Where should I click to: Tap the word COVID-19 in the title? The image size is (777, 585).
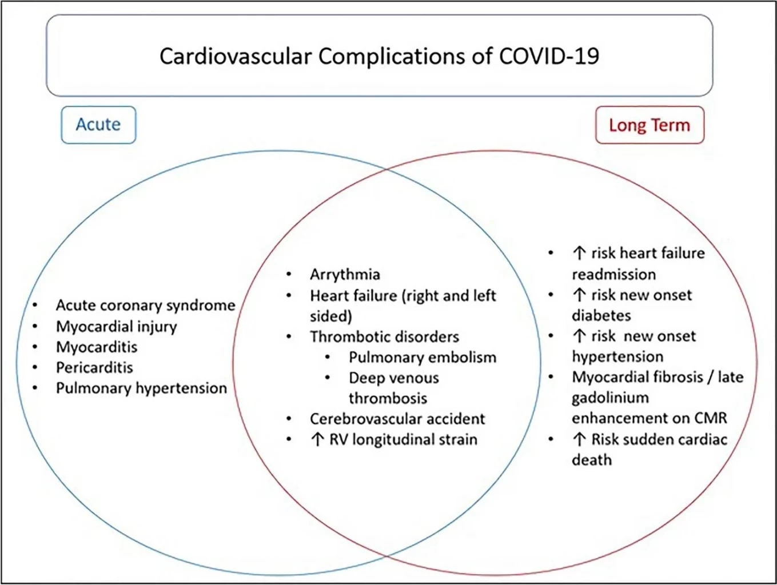549,56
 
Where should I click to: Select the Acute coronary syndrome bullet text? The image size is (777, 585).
145,306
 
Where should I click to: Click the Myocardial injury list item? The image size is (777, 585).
117,326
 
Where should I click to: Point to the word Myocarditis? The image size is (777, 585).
97,347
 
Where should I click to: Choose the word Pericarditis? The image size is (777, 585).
94,367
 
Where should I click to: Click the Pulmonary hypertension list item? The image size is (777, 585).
142,388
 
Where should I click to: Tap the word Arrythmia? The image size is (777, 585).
345,275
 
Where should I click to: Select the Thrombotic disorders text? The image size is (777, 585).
384,336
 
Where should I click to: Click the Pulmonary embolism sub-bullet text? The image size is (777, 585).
423,358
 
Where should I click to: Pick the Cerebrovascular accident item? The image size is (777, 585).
397,419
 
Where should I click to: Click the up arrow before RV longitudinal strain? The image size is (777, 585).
317,440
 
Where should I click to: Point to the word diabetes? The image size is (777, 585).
601,315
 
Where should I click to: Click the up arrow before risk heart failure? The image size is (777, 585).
579,253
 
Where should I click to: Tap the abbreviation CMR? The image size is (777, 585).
711,418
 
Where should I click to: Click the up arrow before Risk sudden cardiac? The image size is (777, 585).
579,440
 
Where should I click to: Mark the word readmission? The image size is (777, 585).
614,274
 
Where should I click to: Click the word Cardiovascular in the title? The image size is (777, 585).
236,56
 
